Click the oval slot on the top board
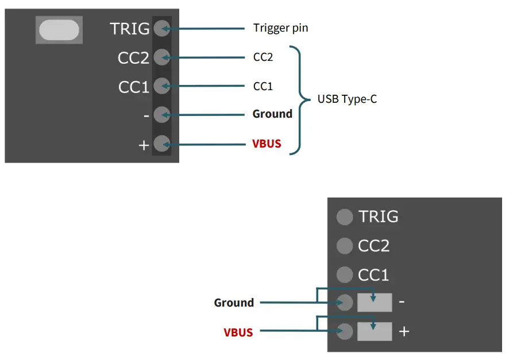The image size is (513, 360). click(x=59, y=30)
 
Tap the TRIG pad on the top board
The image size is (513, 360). click(x=161, y=28)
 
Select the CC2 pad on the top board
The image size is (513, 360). click(x=161, y=57)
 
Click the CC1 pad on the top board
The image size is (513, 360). click(x=161, y=86)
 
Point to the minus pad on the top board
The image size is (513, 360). click(x=161, y=114)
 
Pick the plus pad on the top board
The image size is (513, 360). click(x=161, y=143)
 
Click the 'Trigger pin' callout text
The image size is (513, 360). click(x=280, y=28)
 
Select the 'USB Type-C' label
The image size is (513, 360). click(x=347, y=99)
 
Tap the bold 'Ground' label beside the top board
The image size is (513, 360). click(x=272, y=114)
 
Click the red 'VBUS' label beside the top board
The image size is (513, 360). click(x=267, y=144)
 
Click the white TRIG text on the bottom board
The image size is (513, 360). click(x=378, y=216)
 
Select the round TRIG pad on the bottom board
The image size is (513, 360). click(x=344, y=216)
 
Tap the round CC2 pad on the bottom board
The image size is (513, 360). click(x=344, y=246)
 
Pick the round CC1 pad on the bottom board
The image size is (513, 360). click(x=344, y=274)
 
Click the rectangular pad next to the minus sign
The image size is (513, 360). click(x=375, y=303)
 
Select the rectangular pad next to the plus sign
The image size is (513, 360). click(x=375, y=331)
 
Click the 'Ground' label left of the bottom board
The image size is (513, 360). click(x=234, y=303)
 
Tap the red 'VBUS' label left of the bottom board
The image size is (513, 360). click(x=238, y=332)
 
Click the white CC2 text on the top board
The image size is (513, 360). click(x=133, y=58)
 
